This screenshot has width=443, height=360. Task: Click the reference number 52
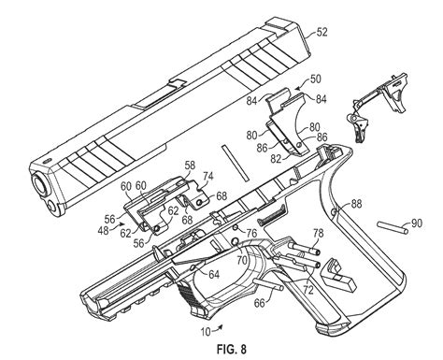pos(322,32)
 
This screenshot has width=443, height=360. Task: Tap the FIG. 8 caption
pos(232,349)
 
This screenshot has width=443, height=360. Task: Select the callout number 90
pos(417,223)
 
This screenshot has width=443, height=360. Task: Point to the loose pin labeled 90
pos(393,227)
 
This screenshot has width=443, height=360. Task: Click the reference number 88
pos(357,204)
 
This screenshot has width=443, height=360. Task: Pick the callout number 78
pos(319,234)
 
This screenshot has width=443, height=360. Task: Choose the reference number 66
pos(260,303)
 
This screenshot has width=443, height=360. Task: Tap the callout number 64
pos(214,274)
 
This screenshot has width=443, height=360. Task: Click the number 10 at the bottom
pos(206,332)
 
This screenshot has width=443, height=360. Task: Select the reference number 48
pos(103,231)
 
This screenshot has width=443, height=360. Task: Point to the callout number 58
pos(190,166)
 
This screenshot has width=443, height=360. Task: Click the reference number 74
pos(208,177)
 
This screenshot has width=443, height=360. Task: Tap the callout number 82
pos(276,159)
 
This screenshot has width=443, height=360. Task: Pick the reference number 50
pos(316,79)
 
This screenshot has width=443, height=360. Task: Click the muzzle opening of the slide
pos(40,185)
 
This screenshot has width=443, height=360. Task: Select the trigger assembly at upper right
pos(378,106)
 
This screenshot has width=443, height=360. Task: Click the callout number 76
pos(251,233)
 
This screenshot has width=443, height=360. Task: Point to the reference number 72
pos(308,290)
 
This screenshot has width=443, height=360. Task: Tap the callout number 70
pos(242,260)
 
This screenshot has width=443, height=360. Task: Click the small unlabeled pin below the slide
pos(235,163)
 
